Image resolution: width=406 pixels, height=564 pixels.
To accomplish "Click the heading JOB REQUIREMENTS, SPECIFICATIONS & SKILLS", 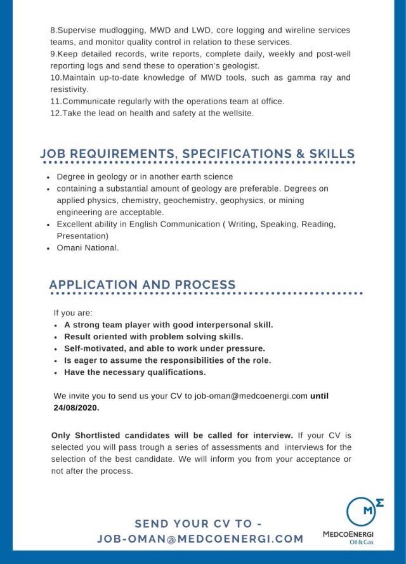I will (x=197, y=154).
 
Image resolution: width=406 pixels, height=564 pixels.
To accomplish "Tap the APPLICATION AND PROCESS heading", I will (x=142, y=285).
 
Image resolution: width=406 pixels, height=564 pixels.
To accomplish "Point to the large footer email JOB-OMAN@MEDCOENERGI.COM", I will (x=200, y=539).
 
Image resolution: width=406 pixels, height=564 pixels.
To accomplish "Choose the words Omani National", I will (x=88, y=247).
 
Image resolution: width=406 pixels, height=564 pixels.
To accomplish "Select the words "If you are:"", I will (x=73, y=313).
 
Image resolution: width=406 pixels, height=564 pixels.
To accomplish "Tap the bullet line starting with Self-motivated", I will (x=164, y=348).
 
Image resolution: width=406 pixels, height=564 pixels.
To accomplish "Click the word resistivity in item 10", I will (x=69, y=89).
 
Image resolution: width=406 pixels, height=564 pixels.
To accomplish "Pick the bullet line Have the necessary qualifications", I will (x=134, y=372).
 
